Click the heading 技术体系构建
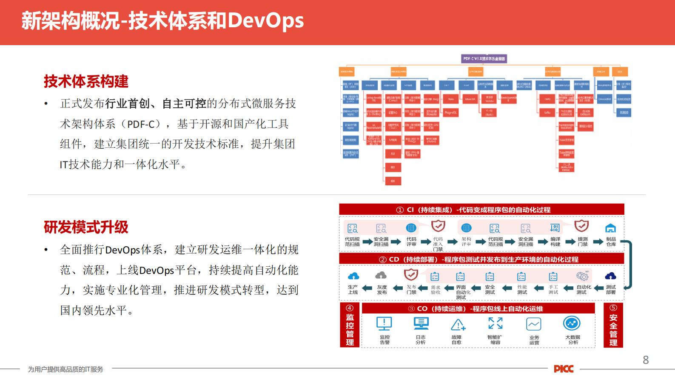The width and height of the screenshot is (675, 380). coord(86,81)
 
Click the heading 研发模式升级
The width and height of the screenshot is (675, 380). coord(86,227)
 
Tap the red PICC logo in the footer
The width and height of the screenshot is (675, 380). coord(564,369)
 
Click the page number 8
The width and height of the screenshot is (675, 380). coord(645,360)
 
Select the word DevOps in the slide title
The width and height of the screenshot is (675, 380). coord(266,20)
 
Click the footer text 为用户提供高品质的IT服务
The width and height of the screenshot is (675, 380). coord(66,369)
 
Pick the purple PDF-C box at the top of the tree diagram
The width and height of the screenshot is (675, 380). coord(484,59)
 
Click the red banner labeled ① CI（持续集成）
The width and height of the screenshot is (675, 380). coord(481,210)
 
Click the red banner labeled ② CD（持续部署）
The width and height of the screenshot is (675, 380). coord(481,259)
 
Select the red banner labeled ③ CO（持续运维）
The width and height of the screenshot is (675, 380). coord(478,308)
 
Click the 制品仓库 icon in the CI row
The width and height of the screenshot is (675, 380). coord(610,228)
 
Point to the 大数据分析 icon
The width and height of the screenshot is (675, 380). coord(572,324)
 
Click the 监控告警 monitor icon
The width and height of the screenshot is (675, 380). coord(384,324)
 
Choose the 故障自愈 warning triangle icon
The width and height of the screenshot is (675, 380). coord(458,325)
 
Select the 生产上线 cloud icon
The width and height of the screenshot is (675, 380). coord(353,276)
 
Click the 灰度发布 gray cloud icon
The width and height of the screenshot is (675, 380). coord(381,276)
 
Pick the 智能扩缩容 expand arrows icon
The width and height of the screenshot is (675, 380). coord(495,323)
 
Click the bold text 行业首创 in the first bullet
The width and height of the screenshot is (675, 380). coord(127,104)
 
